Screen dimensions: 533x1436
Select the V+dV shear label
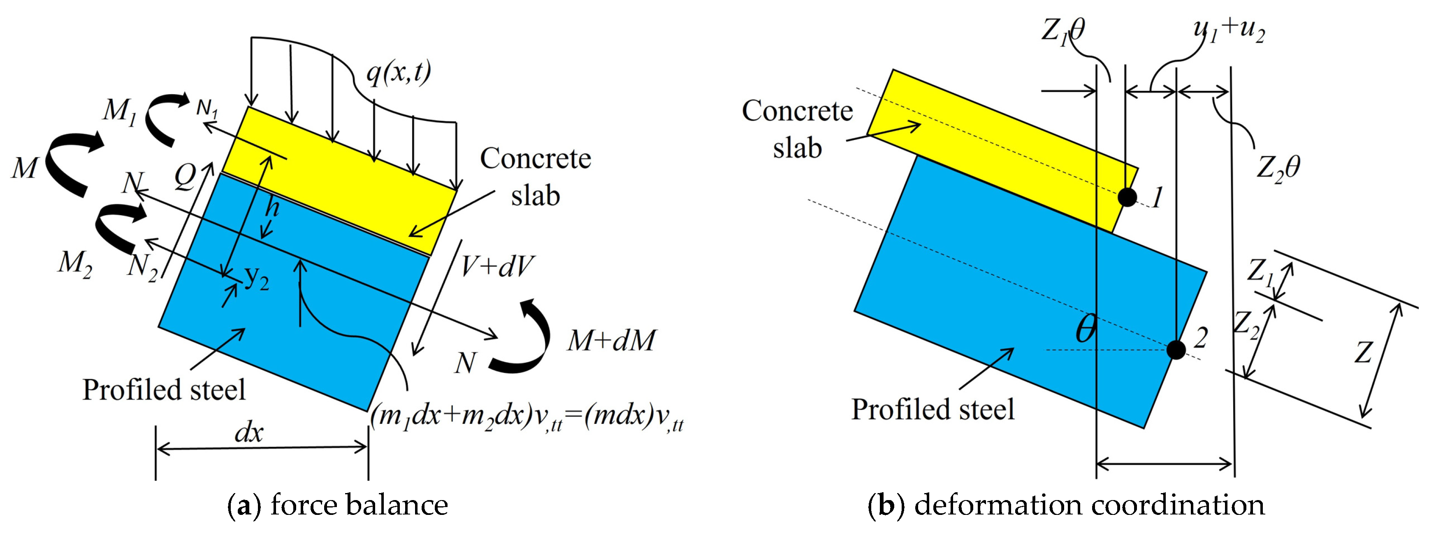click(496, 267)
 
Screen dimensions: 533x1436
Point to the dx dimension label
click(248, 432)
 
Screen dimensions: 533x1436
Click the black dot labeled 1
click(1127, 196)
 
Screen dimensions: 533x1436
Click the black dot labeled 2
click(1176, 349)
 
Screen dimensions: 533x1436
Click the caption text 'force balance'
click(360, 505)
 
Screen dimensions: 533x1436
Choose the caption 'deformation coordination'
click(1090, 505)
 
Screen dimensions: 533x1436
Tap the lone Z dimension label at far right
click(1363, 352)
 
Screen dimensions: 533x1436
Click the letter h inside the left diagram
click(272, 207)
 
